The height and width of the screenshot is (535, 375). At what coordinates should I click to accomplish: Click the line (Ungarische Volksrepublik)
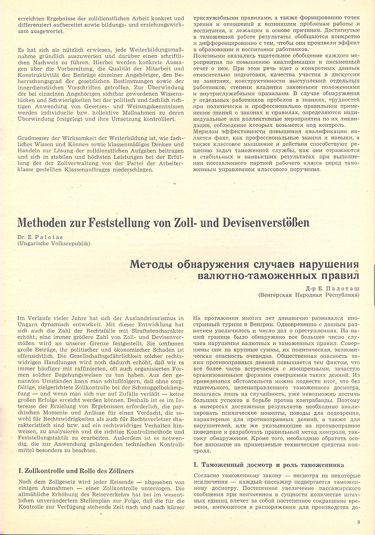54,243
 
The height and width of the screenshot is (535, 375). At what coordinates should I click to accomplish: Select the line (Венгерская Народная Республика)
309,295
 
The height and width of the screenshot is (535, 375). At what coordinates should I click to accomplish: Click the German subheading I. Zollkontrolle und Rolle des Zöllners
76,470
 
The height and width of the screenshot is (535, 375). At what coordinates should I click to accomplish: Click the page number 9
359,522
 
